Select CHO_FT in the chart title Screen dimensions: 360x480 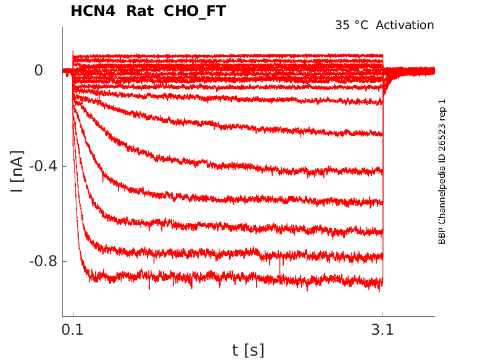(x=195, y=12)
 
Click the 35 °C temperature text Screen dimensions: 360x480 (x=352, y=25)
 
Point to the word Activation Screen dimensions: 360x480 (x=405, y=25)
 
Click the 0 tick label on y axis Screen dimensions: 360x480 (x=39, y=70)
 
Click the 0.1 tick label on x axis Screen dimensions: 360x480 (x=73, y=331)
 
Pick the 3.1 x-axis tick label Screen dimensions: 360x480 (x=383, y=331)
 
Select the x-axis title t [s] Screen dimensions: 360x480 (x=248, y=351)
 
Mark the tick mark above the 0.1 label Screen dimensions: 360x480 (x=73, y=314)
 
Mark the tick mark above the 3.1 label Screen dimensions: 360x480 (x=383, y=314)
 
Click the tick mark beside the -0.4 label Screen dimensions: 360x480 (x=65, y=166)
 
